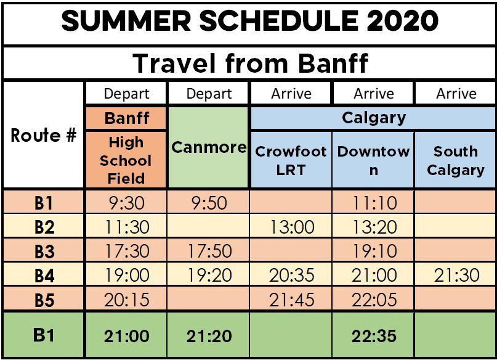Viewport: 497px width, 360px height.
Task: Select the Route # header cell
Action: coord(44,135)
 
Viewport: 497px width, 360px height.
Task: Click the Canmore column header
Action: coord(209,147)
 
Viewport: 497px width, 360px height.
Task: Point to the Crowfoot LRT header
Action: coord(291,160)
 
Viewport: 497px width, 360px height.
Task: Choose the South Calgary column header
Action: coord(456,160)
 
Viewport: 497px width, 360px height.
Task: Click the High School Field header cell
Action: coord(126,160)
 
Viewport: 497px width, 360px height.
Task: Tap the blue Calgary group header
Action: coord(374,118)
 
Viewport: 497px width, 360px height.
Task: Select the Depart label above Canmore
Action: coord(209,94)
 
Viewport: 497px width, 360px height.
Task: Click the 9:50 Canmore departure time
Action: coord(209,203)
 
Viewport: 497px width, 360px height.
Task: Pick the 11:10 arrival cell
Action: coord(374,203)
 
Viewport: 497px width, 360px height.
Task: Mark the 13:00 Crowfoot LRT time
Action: coord(292,227)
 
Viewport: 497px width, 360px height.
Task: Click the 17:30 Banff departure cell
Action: coord(127,251)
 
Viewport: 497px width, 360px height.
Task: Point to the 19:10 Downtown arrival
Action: coord(374,251)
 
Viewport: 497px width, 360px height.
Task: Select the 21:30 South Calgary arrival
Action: coord(456,275)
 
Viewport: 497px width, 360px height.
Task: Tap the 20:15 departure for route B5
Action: coord(127,300)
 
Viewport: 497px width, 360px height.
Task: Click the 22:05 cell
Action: coord(374,300)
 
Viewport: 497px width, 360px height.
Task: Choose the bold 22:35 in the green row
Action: coord(374,336)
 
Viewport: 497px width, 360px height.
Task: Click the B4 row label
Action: coord(44,276)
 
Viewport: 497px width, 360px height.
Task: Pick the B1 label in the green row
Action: coord(44,335)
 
